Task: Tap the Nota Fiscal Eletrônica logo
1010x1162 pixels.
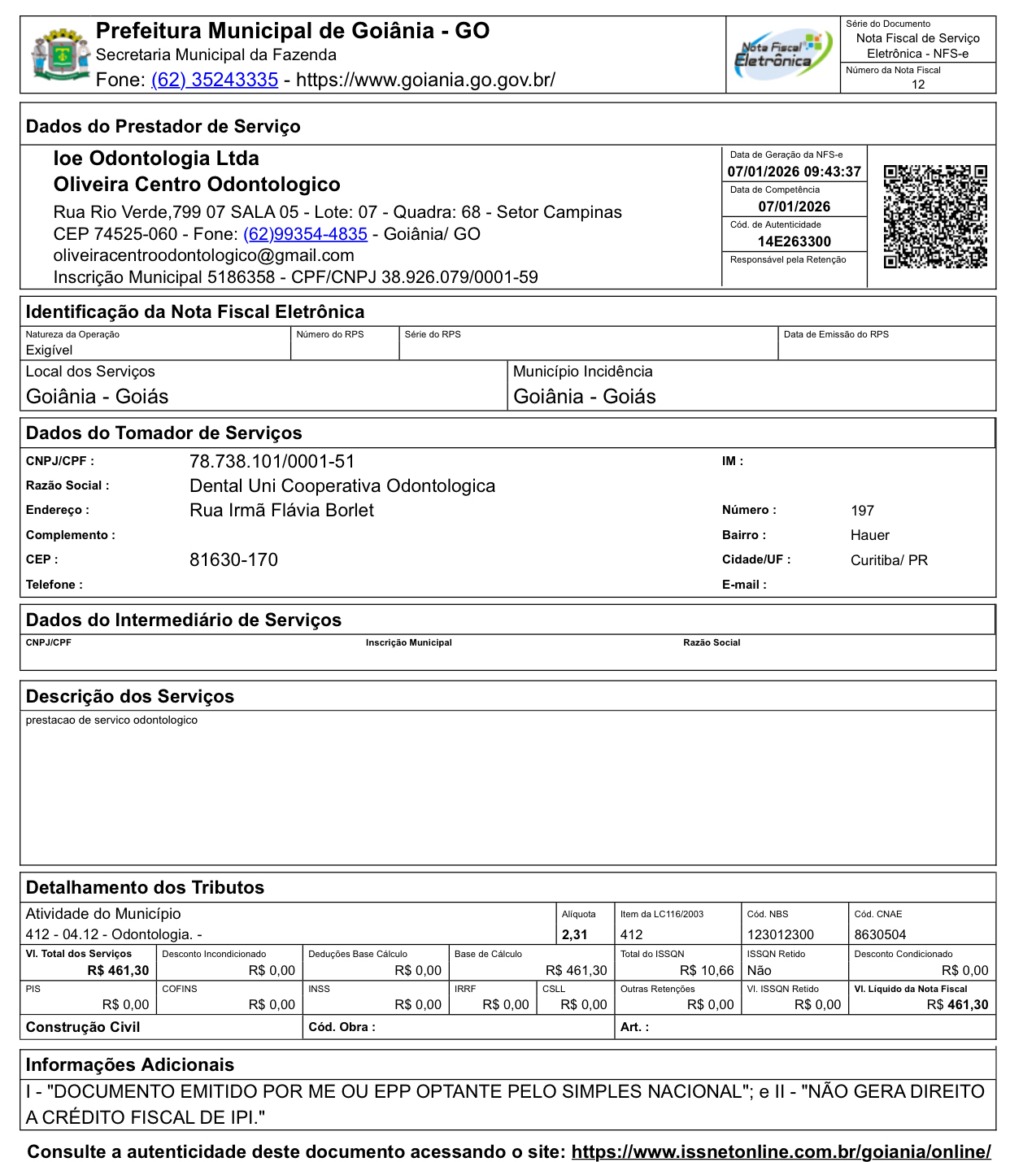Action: point(782,54)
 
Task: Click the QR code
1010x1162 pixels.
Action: point(935,216)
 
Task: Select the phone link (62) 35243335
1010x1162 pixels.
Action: point(215,80)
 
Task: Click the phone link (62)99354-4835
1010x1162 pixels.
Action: point(305,234)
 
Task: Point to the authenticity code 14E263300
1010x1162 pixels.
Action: point(794,242)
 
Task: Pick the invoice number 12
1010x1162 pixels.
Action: point(918,85)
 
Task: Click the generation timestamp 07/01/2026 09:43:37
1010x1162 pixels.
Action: point(794,172)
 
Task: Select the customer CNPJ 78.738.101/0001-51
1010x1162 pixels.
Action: point(272,462)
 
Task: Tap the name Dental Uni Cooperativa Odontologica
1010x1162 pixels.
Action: point(342,486)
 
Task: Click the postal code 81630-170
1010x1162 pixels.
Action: point(233,560)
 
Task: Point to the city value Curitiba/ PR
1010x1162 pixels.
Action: point(889,560)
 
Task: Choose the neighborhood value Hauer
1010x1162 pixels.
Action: point(869,535)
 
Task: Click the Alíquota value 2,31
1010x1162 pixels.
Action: point(574,935)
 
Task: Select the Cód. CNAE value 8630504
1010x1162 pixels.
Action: point(880,935)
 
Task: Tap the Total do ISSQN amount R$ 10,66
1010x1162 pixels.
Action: point(706,971)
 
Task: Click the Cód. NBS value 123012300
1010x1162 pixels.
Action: point(780,935)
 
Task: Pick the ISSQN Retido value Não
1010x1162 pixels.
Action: point(759,971)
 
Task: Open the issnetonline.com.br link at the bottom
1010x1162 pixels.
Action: point(781,1151)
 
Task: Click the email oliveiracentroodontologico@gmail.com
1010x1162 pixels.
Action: point(203,255)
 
